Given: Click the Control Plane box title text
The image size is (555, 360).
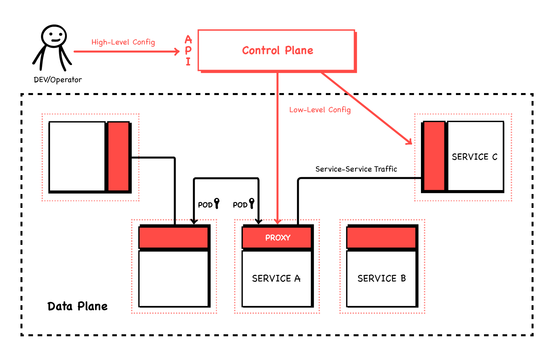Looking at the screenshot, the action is pos(277,50).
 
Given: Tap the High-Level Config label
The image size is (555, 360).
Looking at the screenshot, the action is pos(123,42).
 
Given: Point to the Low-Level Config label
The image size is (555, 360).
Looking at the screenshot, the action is pos(320,110).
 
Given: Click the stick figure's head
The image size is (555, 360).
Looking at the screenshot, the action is pos(54,36).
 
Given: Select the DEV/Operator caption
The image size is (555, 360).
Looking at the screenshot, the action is pos(58,80).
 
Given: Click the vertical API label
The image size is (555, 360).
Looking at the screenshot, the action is pos(188,50).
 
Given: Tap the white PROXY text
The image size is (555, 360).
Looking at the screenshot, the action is pos(278,238).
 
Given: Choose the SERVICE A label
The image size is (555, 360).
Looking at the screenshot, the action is pos(276,278).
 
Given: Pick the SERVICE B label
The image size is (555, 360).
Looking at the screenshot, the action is pos(382,278).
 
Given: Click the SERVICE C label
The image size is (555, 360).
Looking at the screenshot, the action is pos(474,157).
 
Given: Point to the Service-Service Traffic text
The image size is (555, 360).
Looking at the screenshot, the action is pos(356,169).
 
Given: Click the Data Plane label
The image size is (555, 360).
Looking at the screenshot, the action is pos(77,306).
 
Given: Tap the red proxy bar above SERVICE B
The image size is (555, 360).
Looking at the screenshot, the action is pos(381,238).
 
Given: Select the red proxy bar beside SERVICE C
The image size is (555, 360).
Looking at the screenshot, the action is pos(434,156).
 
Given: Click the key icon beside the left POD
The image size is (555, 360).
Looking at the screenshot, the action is pos(217,203).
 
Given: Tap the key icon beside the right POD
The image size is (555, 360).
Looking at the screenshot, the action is pos(252,203).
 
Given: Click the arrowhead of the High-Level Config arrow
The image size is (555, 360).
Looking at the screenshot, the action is pos(177,51).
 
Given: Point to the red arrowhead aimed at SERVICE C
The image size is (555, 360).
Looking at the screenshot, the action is pos(409,142).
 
